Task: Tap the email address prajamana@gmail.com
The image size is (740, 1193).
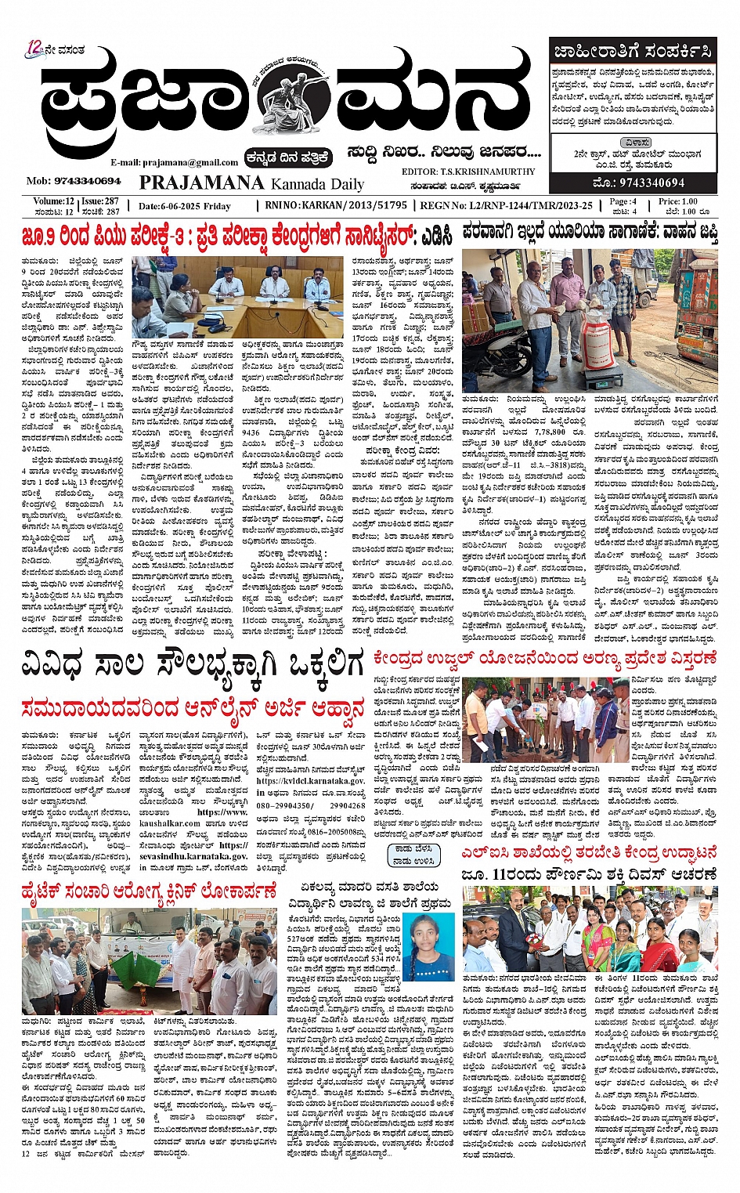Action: tap(174, 163)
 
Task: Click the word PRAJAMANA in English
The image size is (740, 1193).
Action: tap(201, 183)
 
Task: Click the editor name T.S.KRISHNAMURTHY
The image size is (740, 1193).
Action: tap(468, 172)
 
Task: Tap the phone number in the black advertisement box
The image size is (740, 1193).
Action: tap(639, 183)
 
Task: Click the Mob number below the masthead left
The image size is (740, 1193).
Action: tap(74, 181)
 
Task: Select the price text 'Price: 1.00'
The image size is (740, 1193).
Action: tap(677, 201)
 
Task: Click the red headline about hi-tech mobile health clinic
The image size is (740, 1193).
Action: tap(150, 892)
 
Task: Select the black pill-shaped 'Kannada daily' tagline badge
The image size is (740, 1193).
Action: tap(287, 157)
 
